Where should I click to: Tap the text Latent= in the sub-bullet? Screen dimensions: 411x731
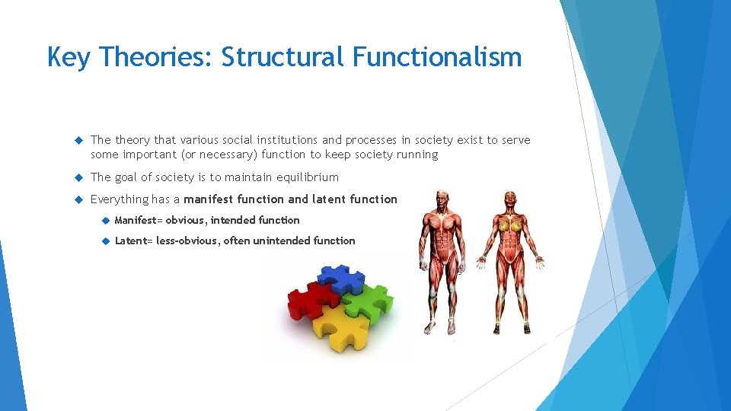pos(133,241)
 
